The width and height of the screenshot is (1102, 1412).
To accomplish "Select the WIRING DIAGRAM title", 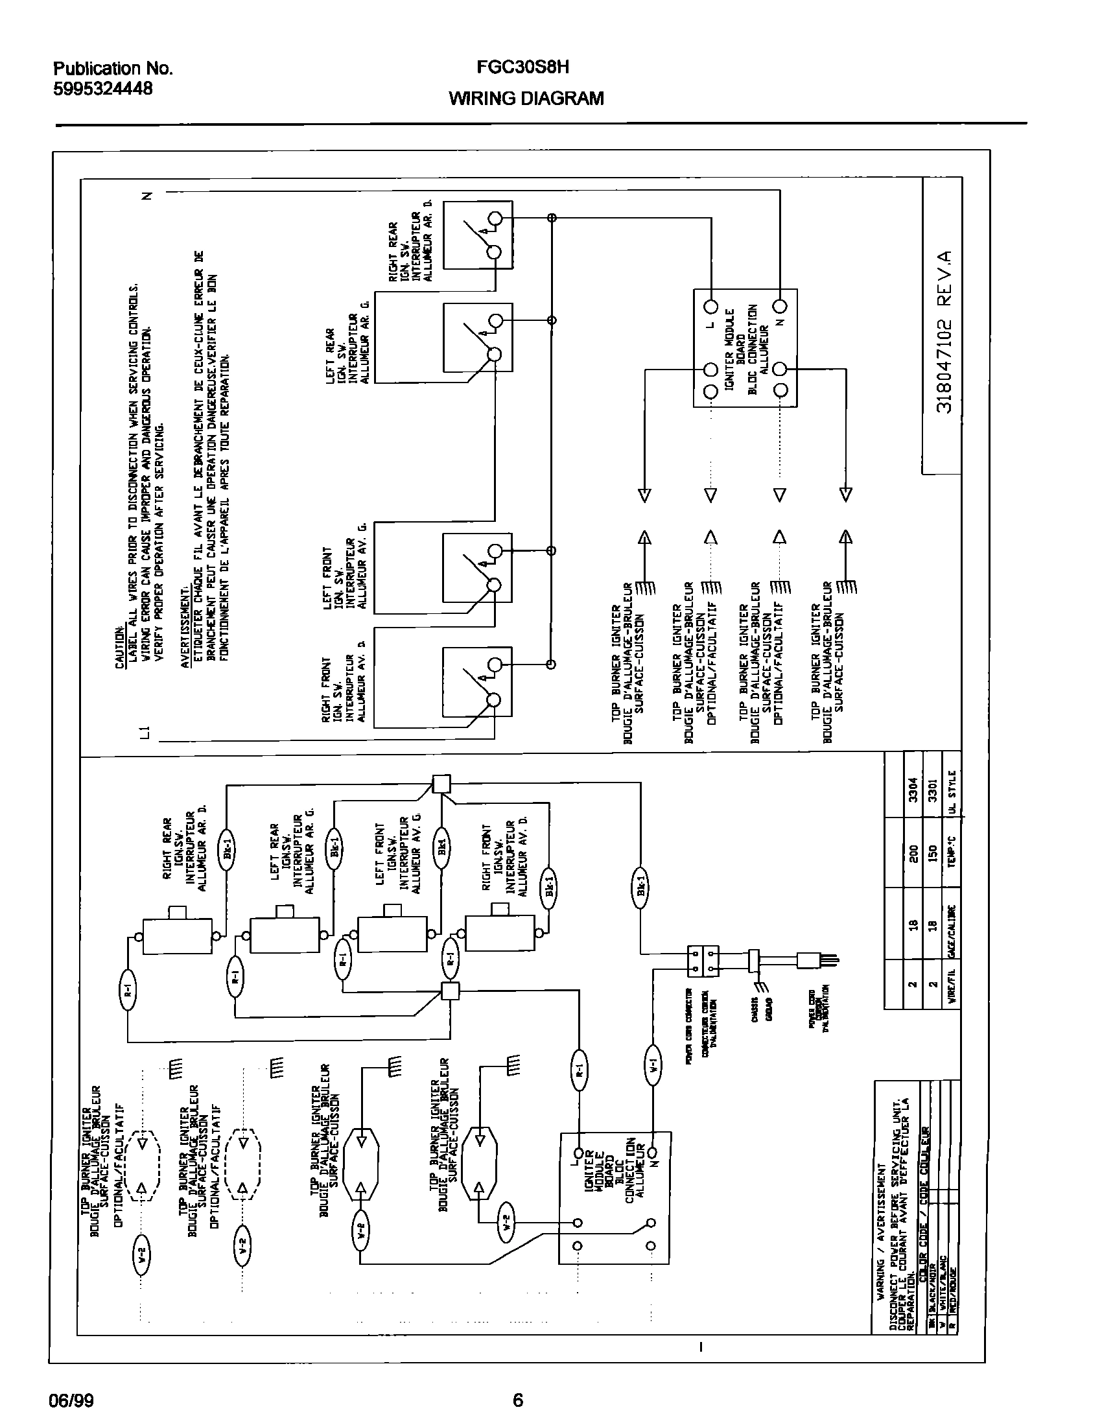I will pyautogui.click(x=526, y=99).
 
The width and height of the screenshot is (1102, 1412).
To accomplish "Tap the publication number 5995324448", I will pyautogui.click(x=102, y=88).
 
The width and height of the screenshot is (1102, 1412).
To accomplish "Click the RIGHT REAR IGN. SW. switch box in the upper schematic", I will pyautogui.click(x=478, y=235).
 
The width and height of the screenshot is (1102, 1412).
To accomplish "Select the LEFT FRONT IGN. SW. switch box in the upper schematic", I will pyautogui.click(x=477, y=568).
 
